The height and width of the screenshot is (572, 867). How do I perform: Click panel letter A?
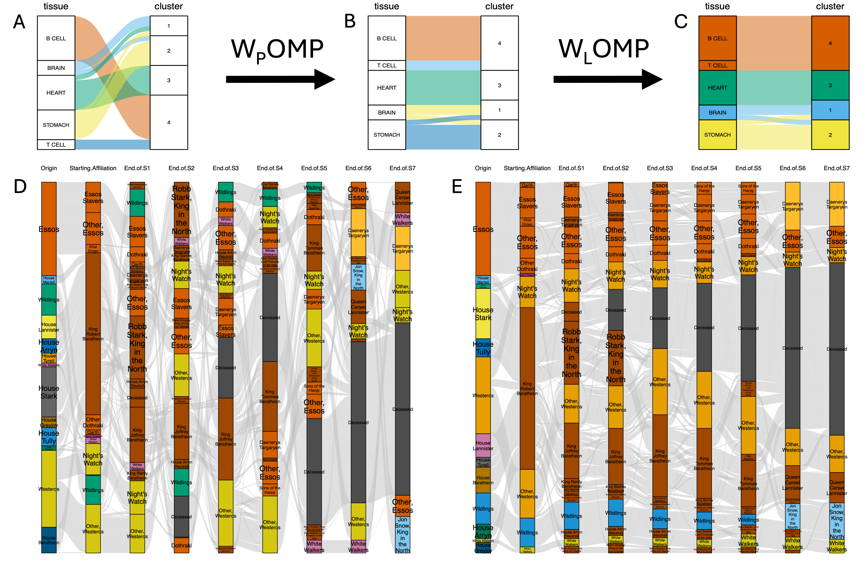click(19, 22)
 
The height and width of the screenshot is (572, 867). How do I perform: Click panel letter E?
click(457, 186)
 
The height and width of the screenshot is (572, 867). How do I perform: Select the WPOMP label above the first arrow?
click(277, 50)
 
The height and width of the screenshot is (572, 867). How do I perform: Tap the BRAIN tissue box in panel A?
click(56, 68)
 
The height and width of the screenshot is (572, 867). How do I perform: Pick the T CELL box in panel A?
click(56, 144)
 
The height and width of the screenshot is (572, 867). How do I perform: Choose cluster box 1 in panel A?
click(169, 26)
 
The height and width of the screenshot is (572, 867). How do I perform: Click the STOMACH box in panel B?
click(387, 135)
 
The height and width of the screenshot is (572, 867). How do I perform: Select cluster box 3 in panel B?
click(499, 85)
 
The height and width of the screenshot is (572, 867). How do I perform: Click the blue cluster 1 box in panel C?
click(830, 110)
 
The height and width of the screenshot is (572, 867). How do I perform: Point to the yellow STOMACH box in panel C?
click(717, 135)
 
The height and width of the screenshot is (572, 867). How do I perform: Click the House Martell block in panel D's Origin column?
click(49, 280)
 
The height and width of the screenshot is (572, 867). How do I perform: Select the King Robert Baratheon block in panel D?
click(93, 334)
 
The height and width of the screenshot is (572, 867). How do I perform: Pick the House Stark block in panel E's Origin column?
click(483, 314)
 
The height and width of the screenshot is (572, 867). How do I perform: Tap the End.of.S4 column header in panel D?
click(270, 168)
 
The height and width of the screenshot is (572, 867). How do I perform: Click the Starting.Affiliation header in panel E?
click(527, 168)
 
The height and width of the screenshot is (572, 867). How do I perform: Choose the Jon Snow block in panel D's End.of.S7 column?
click(402, 534)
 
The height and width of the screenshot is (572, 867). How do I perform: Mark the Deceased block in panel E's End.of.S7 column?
click(837, 349)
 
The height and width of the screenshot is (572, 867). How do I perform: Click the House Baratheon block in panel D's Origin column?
click(49, 540)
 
